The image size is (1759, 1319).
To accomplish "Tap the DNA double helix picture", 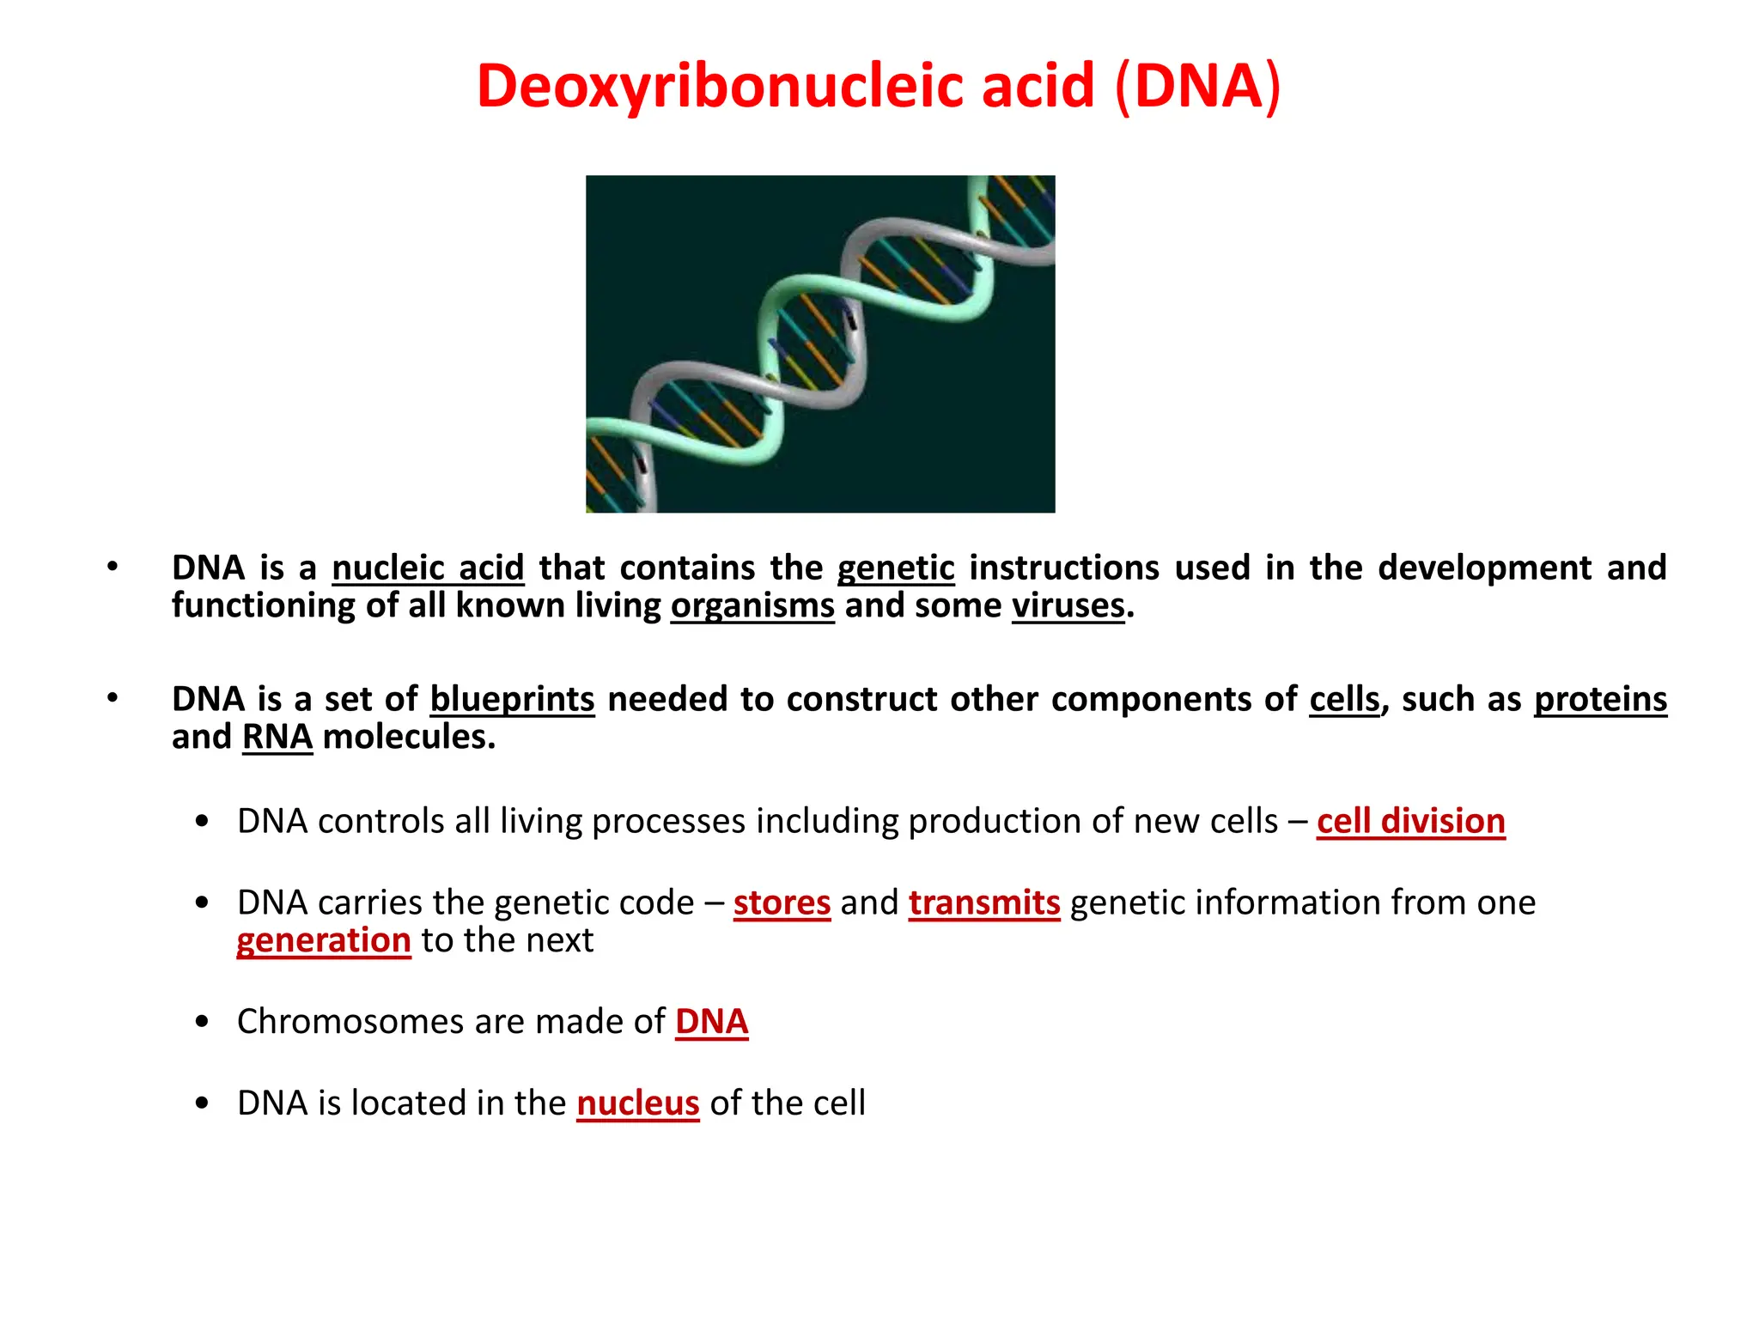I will tap(820, 343).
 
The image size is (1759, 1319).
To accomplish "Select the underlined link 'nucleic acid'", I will tap(428, 568).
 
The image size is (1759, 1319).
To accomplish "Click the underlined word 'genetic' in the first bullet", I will tap(896, 568).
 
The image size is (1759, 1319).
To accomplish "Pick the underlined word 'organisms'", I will tap(752, 606).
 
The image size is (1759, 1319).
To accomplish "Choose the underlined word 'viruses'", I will tap(1068, 606).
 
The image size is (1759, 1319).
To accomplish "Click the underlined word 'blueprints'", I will tap(512, 700).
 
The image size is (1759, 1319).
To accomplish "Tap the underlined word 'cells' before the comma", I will tap(1344, 700).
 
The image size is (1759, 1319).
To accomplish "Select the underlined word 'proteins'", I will tap(1600, 700).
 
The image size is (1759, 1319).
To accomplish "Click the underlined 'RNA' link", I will tap(277, 738).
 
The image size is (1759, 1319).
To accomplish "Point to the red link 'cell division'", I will tap(1410, 822).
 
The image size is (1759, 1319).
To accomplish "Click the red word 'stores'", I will tap(782, 903).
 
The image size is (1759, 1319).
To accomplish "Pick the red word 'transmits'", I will tap(984, 903).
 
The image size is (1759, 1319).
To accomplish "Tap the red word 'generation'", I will tap(324, 941).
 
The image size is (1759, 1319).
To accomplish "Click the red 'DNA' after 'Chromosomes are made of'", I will tap(711, 1022).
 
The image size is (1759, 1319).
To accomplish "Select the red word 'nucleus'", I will tap(637, 1103).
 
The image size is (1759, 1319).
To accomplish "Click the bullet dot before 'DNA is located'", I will tap(202, 1103).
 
